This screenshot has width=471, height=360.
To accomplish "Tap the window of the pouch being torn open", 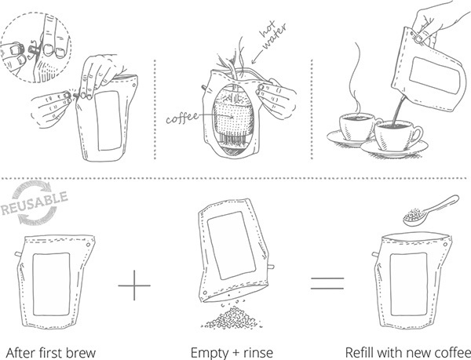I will [x=108, y=118].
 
